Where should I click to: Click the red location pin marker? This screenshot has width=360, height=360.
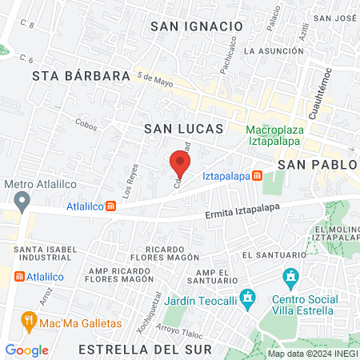click(180, 164)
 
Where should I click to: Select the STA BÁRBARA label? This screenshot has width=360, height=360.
click(81, 76)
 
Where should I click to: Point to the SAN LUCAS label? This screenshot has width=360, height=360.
click(183, 128)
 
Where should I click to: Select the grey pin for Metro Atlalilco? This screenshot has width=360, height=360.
click(22, 199)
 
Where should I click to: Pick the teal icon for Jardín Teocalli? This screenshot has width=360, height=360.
click(248, 297)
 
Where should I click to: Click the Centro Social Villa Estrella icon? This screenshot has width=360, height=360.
click(291, 278)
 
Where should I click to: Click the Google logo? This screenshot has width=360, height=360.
click(26, 350)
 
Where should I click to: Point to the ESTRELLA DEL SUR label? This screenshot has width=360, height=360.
click(146, 350)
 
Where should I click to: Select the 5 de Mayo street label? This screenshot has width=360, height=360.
click(155, 79)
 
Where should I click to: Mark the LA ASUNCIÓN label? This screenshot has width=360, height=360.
click(274, 50)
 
